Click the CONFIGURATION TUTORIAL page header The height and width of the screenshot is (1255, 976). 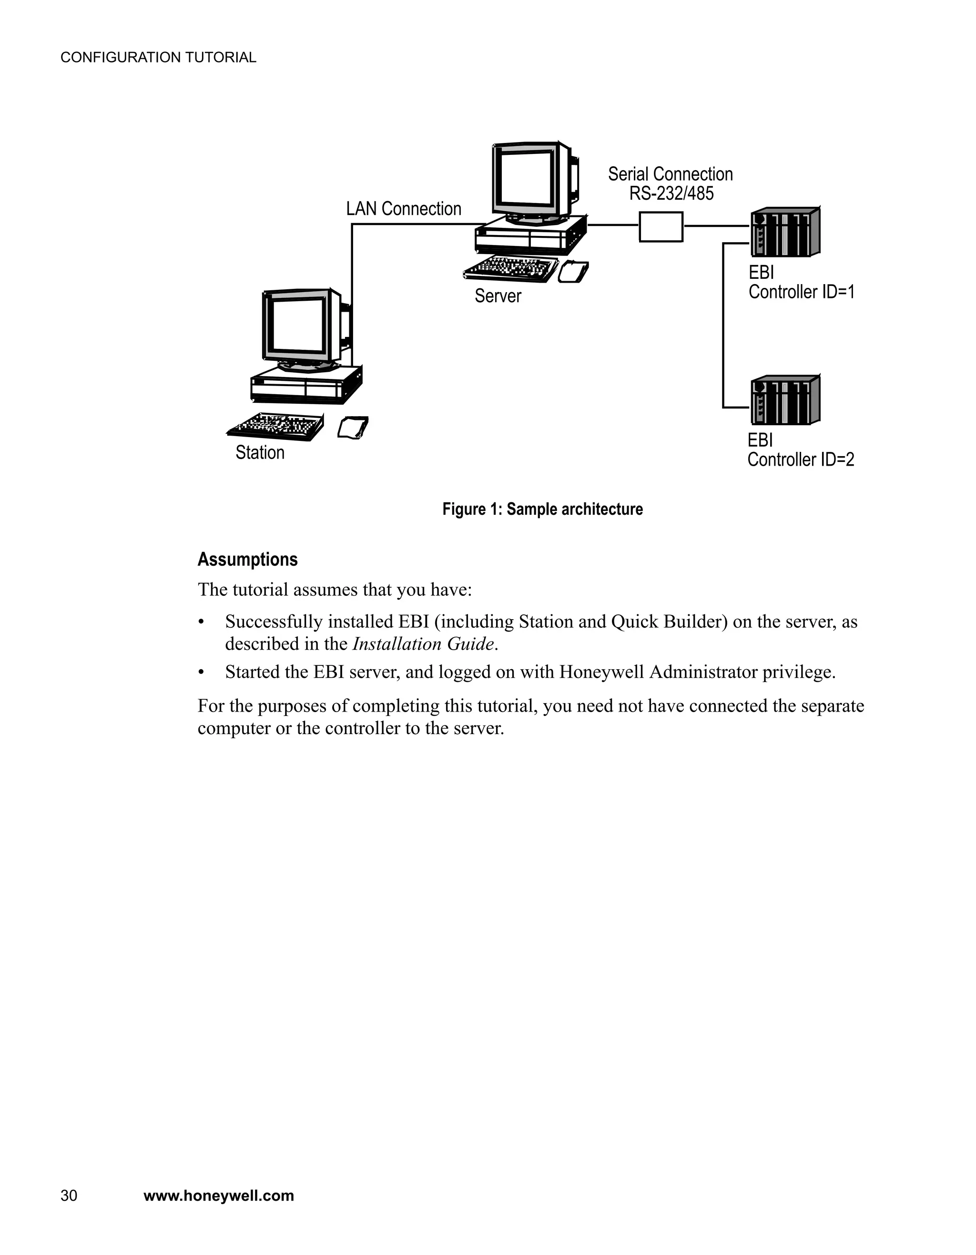[x=158, y=58]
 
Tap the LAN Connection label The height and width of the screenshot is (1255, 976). [x=403, y=209]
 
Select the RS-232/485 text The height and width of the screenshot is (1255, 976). [x=671, y=194]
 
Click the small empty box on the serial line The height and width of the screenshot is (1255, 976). [x=661, y=226]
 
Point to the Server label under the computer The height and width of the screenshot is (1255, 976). [x=498, y=296]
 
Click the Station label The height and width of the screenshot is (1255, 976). [x=260, y=453]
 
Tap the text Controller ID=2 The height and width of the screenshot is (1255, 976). [x=800, y=459]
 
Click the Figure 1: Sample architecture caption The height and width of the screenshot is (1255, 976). [x=542, y=509]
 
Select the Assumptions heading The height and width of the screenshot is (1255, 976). [x=248, y=559]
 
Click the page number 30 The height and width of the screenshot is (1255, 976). [x=69, y=1196]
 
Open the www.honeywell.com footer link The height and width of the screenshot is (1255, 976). [x=218, y=1196]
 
